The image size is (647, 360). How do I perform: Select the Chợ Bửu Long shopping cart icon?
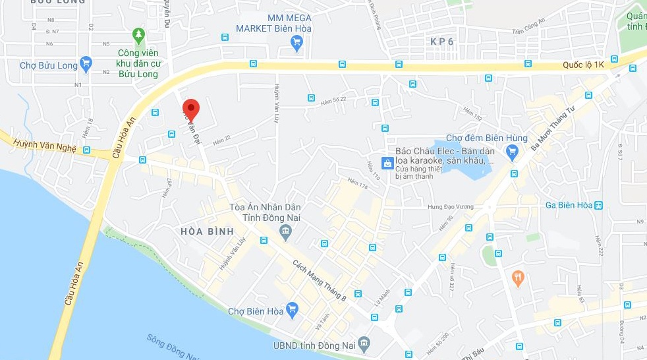[x=86, y=65]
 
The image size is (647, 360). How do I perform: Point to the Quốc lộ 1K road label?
[x=583, y=65]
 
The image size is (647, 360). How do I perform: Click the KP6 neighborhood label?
[x=442, y=42]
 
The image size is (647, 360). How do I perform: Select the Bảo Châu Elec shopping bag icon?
[x=389, y=163]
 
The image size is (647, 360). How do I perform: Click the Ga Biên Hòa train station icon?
[x=598, y=205]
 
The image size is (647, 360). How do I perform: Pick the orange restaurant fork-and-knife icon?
[x=518, y=278]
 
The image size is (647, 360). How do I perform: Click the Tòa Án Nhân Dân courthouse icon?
[x=285, y=231]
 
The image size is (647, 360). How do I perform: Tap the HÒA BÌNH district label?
[x=204, y=231]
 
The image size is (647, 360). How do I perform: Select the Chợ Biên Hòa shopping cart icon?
[x=293, y=309]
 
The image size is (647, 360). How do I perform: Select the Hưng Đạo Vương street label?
[x=451, y=207]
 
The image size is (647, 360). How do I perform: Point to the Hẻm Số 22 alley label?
[x=333, y=99]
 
